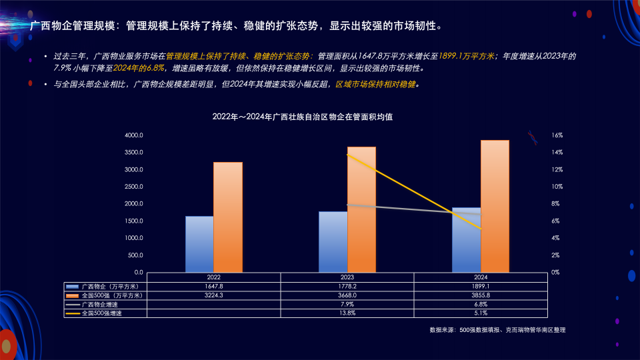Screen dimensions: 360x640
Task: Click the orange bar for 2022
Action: pos(228,217)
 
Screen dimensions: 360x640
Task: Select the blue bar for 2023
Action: pos(333,241)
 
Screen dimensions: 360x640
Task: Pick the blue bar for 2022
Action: pos(199,244)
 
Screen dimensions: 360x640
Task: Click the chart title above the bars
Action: pos(302,117)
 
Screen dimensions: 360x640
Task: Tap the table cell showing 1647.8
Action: pos(214,286)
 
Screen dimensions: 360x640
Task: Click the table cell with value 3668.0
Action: pos(347,295)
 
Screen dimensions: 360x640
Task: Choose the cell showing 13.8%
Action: pos(347,312)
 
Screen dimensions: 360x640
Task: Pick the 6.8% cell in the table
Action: pos(481,303)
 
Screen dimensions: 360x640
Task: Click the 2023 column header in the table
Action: pos(347,277)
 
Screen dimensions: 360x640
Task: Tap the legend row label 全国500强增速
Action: pos(101,312)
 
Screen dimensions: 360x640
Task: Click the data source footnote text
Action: pos(497,330)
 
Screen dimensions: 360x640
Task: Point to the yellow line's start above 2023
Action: pos(347,154)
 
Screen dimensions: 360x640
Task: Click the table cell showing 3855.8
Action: pos(481,295)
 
